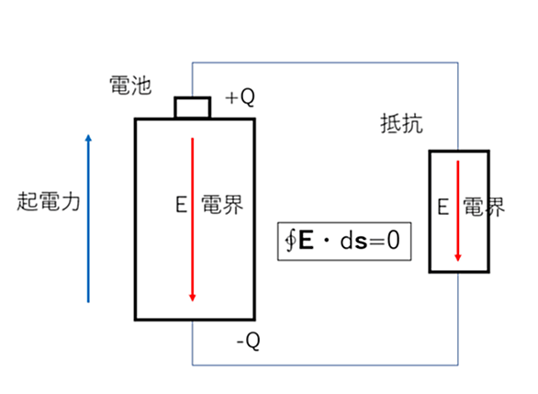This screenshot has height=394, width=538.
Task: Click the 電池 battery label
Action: tap(130, 85)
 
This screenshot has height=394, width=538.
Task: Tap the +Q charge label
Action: tap(241, 97)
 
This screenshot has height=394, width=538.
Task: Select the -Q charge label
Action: tap(249, 341)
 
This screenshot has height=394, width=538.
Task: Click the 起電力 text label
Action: tap(49, 201)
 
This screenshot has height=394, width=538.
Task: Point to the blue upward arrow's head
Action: tap(88, 138)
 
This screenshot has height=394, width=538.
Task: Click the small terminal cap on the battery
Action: tap(193, 107)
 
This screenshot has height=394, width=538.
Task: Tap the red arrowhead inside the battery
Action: tap(193, 298)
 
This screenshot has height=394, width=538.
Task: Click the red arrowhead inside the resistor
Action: tap(458, 258)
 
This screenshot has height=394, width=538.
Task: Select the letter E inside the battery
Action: tap(181, 204)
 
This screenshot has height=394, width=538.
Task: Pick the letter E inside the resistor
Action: tap(443, 207)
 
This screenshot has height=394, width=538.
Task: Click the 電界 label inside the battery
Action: tap(222, 205)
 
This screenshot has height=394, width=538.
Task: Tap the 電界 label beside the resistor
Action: tap(484, 207)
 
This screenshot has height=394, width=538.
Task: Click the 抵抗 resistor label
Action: tap(401, 124)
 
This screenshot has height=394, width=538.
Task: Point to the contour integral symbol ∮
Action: tap(291, 241)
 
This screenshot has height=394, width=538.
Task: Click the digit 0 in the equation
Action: tap(393, 240)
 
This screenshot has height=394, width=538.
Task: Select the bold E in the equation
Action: tap(306, 240)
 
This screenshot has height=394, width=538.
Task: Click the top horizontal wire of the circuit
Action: tap(325, 62)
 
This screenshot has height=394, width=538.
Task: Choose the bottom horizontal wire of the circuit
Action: tap(325, 366)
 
